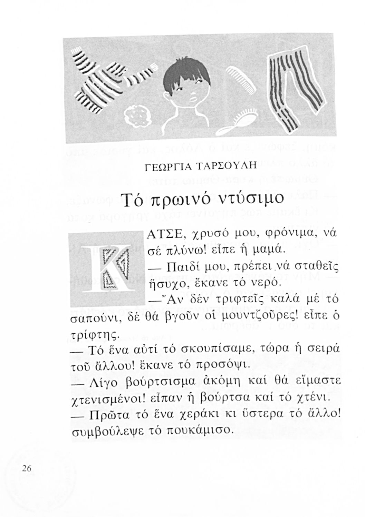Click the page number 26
26,468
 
